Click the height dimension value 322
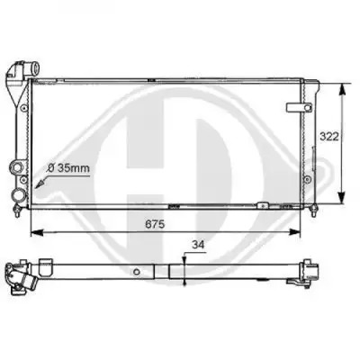click(329, 137)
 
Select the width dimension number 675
click(155, 224)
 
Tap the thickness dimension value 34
click(198, 245)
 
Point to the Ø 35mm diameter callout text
click(68, 168)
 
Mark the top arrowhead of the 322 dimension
click(342, 89)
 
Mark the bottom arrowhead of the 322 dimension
click(342, 198)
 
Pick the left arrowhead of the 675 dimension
click(37, 232)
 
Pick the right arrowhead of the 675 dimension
click(294, 232)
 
